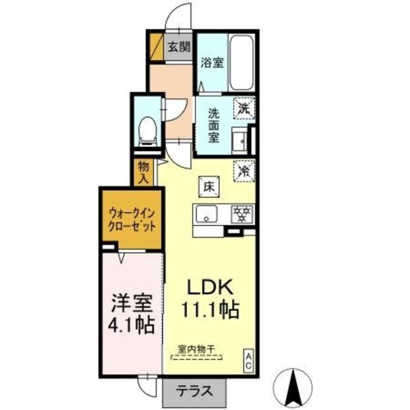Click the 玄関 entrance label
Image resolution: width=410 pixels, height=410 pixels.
tap(180, 46)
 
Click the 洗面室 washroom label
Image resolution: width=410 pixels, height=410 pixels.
tap(213, 125)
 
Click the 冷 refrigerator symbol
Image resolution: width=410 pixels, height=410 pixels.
tap(244, 170)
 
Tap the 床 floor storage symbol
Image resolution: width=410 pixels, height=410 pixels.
tap(209, 186)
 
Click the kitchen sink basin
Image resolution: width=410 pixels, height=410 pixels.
tap(206, 215)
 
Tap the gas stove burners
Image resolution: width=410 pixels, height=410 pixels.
tap(242, 214)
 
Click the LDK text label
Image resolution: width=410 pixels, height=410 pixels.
tap(204, 288)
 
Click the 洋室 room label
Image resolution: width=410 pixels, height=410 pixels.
tap(130, 301)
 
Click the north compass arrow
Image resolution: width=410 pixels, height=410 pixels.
tap(296, 384)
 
